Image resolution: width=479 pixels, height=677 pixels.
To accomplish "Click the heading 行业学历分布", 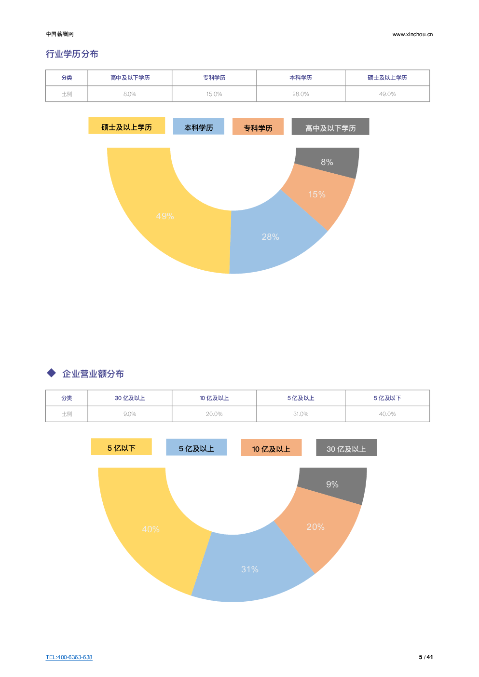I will tap(72, 54).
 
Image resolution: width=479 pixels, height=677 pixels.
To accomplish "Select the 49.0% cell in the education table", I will tap(387, 94).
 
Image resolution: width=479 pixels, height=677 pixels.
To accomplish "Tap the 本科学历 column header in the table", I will tap(301, 78).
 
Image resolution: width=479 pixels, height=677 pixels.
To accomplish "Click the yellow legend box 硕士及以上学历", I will tap(126, 126).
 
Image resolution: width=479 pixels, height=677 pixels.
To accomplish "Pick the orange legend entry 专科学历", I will tap(258, 127).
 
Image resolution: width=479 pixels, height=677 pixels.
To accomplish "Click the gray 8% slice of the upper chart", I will tap(328, 162).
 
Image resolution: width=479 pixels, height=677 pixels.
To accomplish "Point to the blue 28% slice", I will tap(270, 236).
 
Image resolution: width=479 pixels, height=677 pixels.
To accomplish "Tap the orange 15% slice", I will tap(317, 194).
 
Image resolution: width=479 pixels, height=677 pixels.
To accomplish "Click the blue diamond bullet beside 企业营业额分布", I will tap(52, 373).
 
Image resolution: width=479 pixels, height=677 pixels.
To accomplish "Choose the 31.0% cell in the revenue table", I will tap(301, 414).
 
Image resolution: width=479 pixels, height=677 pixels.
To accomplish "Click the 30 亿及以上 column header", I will tap(130, 398).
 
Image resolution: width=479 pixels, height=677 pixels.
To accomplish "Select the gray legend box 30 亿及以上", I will tap(346, 448).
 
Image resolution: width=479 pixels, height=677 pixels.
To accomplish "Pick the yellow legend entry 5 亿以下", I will tap(122, 447).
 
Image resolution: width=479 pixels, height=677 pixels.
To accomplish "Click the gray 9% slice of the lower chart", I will tap(332, 484).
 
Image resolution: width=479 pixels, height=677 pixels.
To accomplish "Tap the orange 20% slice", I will tap(316, 527).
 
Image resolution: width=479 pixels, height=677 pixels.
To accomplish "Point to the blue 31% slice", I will tap(250, 569).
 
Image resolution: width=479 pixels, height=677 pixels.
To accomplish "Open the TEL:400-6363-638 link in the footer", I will tap(69, 657).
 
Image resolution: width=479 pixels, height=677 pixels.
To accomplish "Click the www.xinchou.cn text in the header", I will tap(412, 34).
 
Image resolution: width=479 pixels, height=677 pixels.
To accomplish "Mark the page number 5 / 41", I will tap(426, 657).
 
